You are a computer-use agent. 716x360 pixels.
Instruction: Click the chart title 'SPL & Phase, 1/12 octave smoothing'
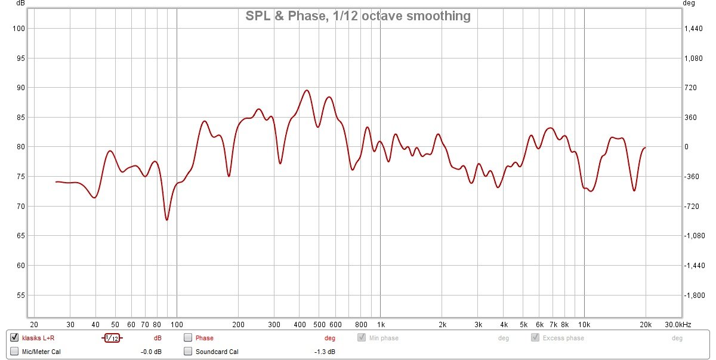[x=358, y=16]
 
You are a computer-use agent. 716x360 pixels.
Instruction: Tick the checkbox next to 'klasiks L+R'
[x=14, y=338]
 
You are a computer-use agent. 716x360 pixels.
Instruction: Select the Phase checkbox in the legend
[x=188, y=338]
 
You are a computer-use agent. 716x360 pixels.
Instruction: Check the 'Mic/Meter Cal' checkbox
[x=14, y=352]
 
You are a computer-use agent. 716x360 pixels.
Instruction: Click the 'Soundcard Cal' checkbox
[x=188, y=352]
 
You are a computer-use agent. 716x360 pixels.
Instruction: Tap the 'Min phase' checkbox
[x=362, y=338]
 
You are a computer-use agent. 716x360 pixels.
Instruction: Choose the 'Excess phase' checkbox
[x=535, y=338]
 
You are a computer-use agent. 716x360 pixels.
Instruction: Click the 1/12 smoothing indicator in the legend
[x=112, y=338]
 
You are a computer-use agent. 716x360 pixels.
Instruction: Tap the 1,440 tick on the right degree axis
[x=693, y=29]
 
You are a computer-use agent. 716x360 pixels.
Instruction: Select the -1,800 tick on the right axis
[x=693, y=296]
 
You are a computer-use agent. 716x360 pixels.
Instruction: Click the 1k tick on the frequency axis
[x=381, y=324]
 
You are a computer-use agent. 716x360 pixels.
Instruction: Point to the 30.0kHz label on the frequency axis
[x=678, y=324]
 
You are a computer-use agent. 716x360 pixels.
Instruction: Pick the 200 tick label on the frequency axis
[x=238, y=324]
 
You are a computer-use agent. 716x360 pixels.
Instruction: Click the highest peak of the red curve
[x=307, y=90]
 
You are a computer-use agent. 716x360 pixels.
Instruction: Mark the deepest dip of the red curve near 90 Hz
[x=167, y=220]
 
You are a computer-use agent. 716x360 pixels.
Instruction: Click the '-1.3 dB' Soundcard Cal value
[x=325, y=352]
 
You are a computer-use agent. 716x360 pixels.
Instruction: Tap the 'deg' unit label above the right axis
[x=689, y=4]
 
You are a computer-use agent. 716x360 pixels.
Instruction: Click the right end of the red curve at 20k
[x=645, y=147]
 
